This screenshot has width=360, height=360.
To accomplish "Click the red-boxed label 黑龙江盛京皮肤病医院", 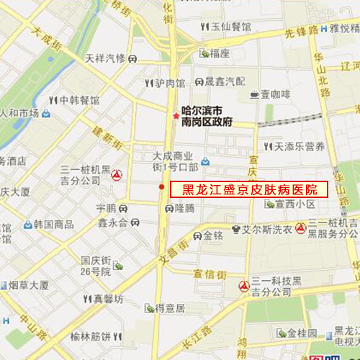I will [x=248, y=189].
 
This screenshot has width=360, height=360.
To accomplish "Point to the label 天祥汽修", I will [x=106, y=58].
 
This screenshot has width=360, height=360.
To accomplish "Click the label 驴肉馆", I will [x=170, y=83].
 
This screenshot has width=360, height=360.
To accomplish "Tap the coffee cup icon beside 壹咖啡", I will [x=253, y=94].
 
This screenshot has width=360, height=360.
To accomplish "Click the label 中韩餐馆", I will [x=78, y=100].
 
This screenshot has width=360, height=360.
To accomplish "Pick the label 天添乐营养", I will [x=299, y=146].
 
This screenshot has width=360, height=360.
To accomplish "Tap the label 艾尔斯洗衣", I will [x=266, y=230].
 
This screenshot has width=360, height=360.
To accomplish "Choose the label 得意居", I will [x=171, y=308].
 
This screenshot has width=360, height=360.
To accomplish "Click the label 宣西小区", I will [x=294, y=204].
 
